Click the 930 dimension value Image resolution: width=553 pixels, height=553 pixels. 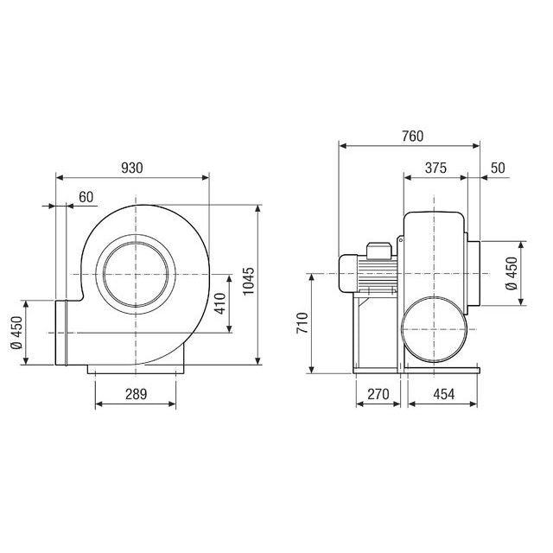(132, 168)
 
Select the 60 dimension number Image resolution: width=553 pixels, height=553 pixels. (86, 197)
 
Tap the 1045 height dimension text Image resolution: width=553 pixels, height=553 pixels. (249, 281)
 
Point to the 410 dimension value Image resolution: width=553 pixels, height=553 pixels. (219, 303)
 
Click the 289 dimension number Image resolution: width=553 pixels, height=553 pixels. (137, 394)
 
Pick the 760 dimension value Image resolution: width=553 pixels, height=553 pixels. (413, 137)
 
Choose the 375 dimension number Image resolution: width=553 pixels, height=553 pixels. (435, 168)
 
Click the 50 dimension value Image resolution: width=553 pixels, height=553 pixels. (498, 168)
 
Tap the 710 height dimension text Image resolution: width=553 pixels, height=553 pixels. (302, 323)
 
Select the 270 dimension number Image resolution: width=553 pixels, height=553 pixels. (378, 394)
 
